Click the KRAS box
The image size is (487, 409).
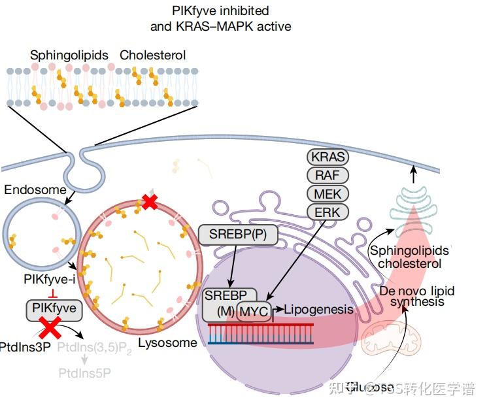click(327, 157)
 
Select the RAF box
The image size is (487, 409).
click(327, 176)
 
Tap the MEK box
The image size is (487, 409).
click(327, 193)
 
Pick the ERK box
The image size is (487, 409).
click(327, 211)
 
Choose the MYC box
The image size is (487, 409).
click(254, 312)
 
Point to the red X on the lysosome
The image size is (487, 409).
click(150, 203)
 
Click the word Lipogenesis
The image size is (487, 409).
click(318, 310)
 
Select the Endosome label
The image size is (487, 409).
click(35, 190)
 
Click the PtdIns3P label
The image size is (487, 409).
click(25, 347)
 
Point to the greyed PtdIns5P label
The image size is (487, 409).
click(85, 374)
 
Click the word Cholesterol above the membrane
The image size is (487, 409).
click(152, 56)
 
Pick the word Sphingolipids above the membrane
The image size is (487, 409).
click(69, 56)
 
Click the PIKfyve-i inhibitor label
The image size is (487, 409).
click(50, 280)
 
